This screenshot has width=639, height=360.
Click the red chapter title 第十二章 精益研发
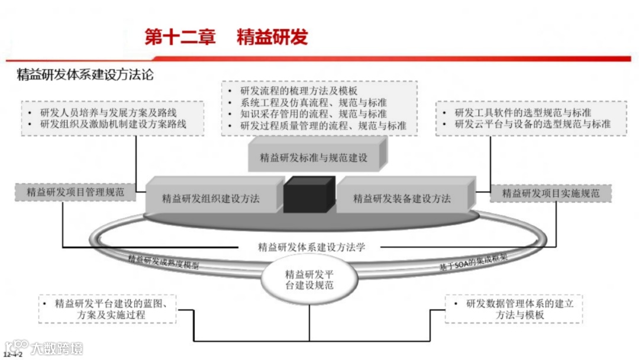(227, 37)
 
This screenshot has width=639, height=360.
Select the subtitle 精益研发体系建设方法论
(85, 75)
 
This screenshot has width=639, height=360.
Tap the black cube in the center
(309, 194)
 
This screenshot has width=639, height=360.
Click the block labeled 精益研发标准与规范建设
(314, 157)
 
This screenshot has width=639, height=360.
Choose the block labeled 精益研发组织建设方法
(211, 198)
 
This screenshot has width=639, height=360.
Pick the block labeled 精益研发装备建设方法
(402, 198)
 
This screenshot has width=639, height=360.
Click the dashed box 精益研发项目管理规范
(75, 192)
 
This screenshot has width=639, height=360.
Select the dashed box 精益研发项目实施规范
(550, 193)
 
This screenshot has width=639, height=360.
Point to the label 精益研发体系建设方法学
(312, 247)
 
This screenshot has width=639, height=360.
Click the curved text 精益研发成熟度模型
(163, 262)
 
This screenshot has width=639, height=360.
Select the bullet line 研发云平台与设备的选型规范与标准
(532, 124)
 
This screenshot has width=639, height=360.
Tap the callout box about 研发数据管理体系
(513, 309)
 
